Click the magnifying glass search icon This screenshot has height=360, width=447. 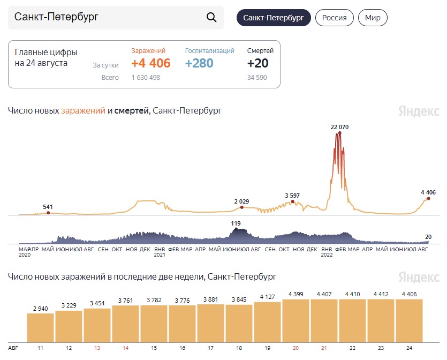click(x=211, y=17)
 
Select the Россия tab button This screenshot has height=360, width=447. click(x=335, y=18)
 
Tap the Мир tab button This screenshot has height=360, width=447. click(x=373, y=18)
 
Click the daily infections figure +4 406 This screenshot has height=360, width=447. click(x=151, y=63)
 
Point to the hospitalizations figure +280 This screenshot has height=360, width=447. click(x=199, y=63)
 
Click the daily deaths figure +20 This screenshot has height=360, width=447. click(x=257, y=63)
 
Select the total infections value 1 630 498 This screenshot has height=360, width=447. click(x=146, y=78)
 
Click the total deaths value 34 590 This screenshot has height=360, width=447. click(x=257, y=78)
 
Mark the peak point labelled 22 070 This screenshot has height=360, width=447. click(x=339, y=133)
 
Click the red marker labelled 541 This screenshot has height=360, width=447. click(x=48, y=213)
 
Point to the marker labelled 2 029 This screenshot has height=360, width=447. click(x=242, y=207)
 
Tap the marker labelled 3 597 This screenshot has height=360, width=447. click(x=292, y=201)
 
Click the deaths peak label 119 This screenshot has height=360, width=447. click(x=236, y=223)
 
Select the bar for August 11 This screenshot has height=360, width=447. click(x=41, y=328)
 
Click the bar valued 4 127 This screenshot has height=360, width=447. click(x=268, y=322)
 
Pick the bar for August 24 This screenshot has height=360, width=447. click(x=409, y=321)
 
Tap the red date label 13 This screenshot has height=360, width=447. click(x=97, y=348)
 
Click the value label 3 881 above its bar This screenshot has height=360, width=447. click(x=211, y=299)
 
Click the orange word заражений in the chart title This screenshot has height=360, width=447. click(x=83, y=111)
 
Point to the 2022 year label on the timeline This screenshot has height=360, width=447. click(x=327, y=255)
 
